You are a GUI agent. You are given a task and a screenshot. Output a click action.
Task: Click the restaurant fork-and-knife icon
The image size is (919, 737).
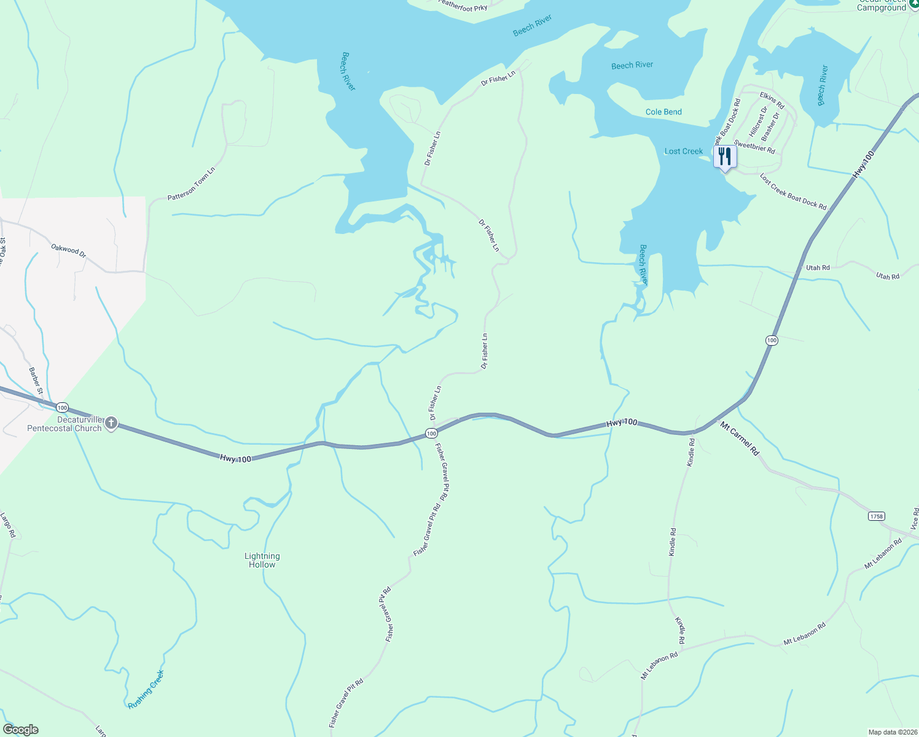pos(725,157)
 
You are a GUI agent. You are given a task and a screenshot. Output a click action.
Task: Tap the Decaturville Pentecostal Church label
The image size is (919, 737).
pos(65,424)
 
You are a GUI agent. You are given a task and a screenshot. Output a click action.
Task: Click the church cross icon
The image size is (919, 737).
pos(111,423)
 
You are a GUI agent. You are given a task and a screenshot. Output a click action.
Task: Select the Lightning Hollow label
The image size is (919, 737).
pos(262,560)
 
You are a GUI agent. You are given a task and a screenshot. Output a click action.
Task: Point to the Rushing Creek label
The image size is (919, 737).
pos(146,690)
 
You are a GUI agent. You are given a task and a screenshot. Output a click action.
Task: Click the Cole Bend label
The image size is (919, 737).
pos(663,112)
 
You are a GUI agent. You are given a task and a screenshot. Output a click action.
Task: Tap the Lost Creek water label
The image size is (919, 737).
pos(684,151)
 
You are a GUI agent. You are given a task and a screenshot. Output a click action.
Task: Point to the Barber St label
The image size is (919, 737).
pos(36,381)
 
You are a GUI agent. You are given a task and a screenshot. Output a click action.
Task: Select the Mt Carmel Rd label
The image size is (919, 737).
pos(740,439)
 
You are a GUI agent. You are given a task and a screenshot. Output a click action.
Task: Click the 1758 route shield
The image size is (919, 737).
pos(877,516)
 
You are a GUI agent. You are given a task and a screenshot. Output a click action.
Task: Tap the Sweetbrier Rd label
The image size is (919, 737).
pos(754,147)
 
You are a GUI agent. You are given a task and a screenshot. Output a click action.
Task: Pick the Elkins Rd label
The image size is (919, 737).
pos(772,100)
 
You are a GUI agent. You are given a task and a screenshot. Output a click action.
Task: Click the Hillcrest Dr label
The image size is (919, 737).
pos(758,122)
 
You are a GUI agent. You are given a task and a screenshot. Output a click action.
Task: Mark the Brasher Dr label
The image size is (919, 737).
pos(770,127)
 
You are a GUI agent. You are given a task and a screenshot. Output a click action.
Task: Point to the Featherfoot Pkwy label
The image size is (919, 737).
pos(463,6)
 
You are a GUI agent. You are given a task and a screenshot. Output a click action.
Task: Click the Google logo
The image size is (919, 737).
pos(20,730)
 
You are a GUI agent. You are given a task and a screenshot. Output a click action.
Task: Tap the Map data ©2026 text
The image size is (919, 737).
pos(892,732)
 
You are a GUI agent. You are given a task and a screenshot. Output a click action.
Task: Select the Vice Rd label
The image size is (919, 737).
pos(914,519)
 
